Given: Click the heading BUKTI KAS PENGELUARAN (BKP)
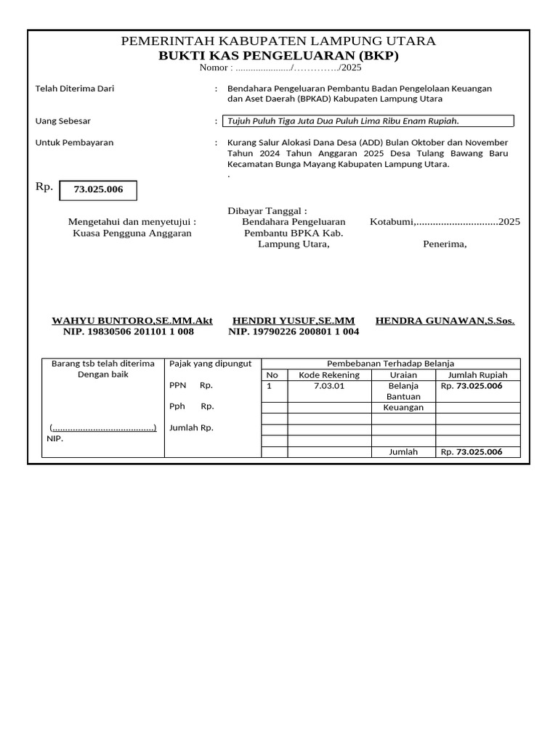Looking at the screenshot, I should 278,56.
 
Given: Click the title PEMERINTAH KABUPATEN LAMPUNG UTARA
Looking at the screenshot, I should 278,41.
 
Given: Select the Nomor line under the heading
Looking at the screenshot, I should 280,67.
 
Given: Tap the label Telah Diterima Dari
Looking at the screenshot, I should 75,89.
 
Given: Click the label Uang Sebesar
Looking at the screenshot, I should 63,121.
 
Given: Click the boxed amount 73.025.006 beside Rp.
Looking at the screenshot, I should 98,190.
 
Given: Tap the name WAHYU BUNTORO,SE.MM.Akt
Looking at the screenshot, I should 132,320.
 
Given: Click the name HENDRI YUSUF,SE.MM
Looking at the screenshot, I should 294,320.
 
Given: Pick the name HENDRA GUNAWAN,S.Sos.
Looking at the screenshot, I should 445,320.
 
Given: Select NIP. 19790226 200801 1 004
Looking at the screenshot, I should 294,332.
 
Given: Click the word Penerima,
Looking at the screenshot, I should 445,245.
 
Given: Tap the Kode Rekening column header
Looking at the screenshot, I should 329,375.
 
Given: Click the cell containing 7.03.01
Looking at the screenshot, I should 329,386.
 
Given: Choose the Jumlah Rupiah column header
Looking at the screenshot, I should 477,375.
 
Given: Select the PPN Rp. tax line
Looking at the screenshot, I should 191,386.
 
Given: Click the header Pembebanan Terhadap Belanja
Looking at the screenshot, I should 390,364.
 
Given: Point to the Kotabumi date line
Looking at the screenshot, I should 445,222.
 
